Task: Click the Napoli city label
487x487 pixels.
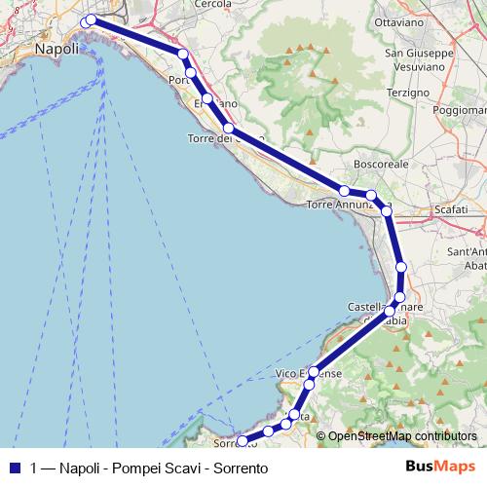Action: click(x=56, y=48)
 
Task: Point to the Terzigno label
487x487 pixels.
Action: click(x=407, y=91)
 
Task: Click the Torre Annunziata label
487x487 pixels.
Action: click(x=347, y=205)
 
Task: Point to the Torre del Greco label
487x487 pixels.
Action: click(x=225, y=138)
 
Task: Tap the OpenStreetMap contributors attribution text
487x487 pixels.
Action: click(x=402, y=436)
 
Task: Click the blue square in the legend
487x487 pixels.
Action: click(x=15, y=468)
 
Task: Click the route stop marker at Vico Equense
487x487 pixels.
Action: click(x=314, y=371)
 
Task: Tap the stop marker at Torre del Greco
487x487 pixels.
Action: click(x=228, y=128)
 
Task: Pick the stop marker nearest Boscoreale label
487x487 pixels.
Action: click(x=371, y=196)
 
